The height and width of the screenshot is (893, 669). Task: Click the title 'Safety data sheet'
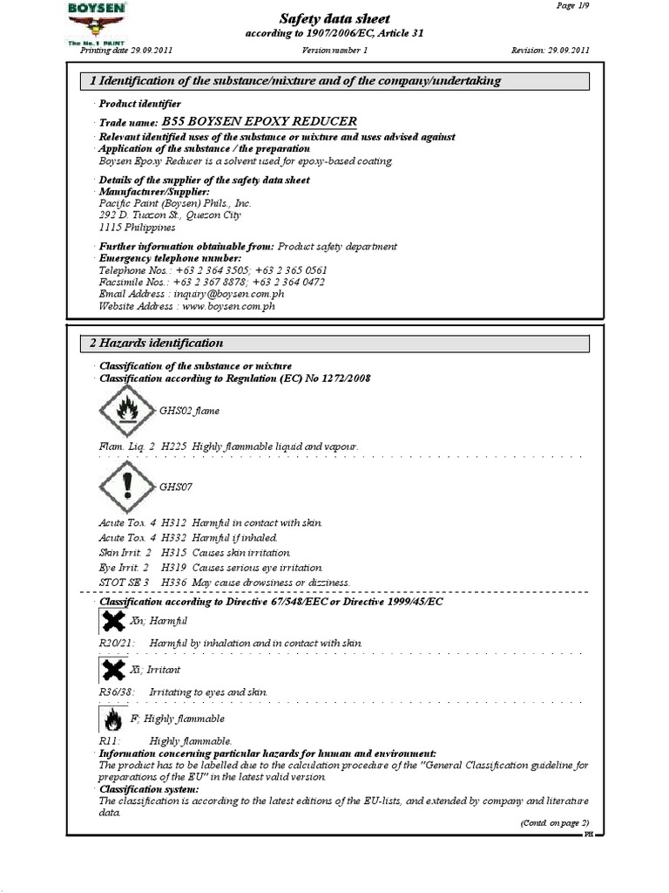[334, 18]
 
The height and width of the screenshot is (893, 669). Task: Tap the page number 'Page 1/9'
[571, 5]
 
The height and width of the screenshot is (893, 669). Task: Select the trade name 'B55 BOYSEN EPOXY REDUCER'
[259, 122]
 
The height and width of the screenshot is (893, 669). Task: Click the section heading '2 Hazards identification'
[158, 344]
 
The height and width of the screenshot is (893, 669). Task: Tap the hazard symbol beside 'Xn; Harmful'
[112, 622]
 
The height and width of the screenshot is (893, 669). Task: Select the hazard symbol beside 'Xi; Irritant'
[112, 670]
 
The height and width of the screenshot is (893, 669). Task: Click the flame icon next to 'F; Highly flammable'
[112, 719]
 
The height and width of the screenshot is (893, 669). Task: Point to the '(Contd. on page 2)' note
[554, 822]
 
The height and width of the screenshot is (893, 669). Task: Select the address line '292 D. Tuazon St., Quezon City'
[170, 215]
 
